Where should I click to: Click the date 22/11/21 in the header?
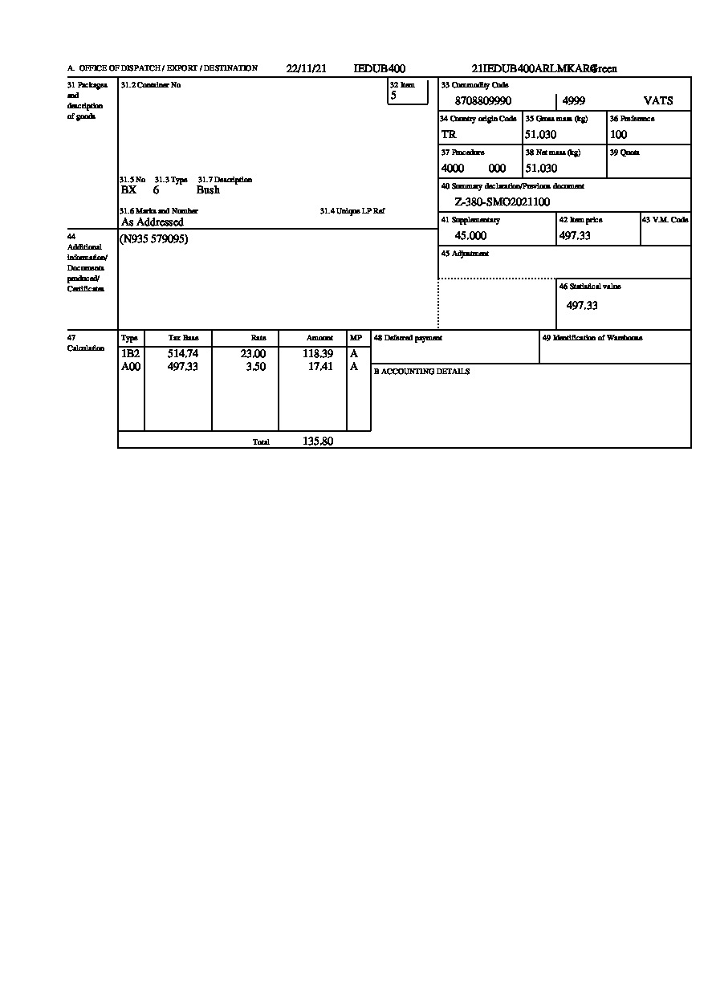(x=306, y=69)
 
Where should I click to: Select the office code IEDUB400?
(x=379, y=69)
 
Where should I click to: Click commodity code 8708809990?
(x=482, y=101)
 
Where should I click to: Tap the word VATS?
(x=658, y=101)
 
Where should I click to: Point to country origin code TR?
(x=449, y=135)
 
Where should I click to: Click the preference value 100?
(x=618, y=135)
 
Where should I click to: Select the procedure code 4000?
(x=453, y=169)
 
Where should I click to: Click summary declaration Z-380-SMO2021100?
(x=503, y=202)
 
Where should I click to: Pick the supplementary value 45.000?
(x=470, y=236)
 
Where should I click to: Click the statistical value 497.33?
(x=582, y=306)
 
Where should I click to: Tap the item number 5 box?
(x=408, y=96)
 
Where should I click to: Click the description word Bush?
(x=208, y=190)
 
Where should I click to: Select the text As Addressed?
(x=152, y=222)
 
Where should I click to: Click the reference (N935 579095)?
(x=154, y=239)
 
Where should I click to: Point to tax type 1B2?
(x=130, y=354)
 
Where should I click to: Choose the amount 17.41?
(x=321, y=367)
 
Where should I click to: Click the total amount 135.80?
(x=318, y=441)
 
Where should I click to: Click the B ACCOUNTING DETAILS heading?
(x=421, y=372)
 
